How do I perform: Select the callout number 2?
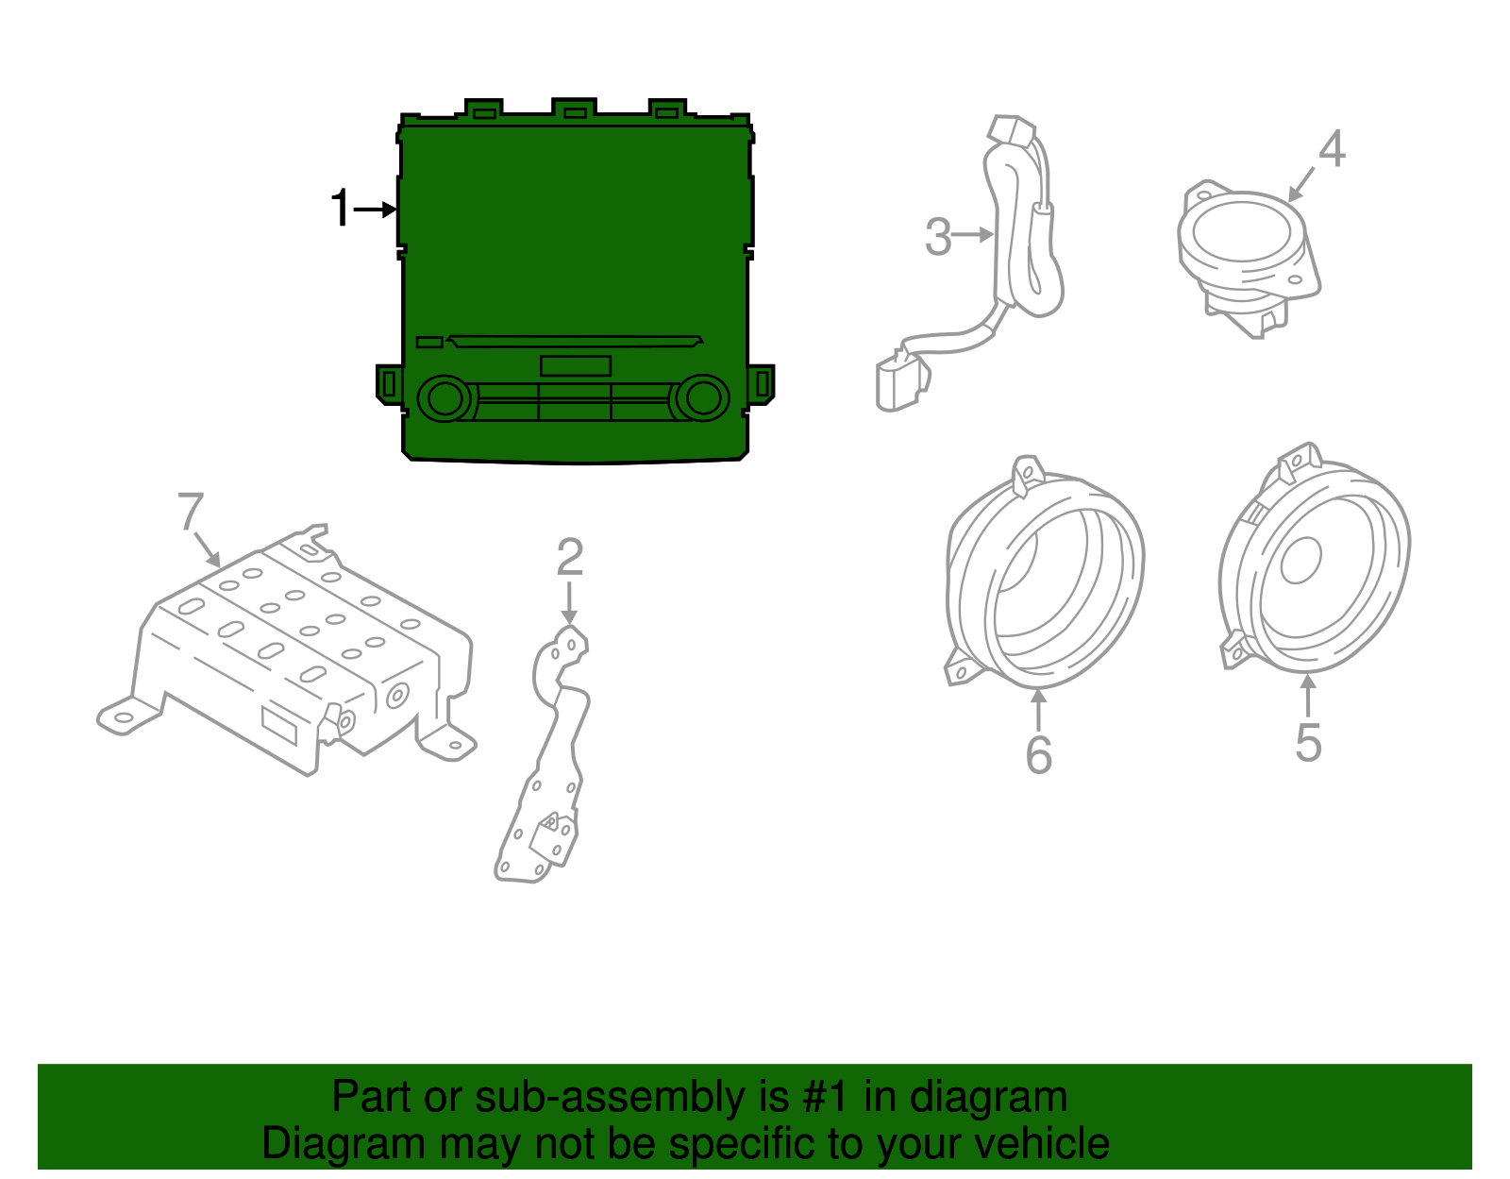point(569,558)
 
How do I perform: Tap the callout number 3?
point(938,236)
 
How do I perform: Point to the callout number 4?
point(1332,149)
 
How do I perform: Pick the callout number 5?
point(1308,742)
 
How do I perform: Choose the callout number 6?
point(1038,754)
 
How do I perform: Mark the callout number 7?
point(191,513)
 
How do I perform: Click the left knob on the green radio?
point(444,398)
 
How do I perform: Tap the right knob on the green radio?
point(702,397)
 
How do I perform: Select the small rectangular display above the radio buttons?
point(575,365)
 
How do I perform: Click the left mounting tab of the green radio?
point(388,384)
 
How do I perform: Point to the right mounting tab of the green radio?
point(762,383)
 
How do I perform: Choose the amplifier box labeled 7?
point(293,651)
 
